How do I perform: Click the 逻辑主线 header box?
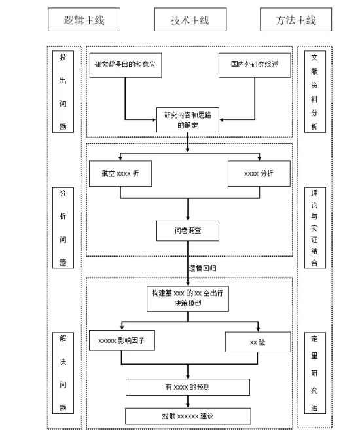[84, 20]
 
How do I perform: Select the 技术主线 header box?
[190, 20]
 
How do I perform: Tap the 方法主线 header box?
[296, 20]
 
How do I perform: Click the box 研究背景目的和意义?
[126, 65]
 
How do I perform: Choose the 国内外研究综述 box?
[255, 65]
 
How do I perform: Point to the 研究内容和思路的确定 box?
[188, 120]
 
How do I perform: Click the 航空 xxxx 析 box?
[120, 174]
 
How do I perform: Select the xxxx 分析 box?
[259, 174]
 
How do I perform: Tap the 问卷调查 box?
[188, 231]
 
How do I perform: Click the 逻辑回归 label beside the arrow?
[203, 268]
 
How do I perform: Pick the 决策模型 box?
[188, 299]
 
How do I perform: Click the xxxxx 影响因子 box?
[122, 341]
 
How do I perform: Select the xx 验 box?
[258, 342]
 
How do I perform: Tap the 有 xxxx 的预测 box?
[188, 387]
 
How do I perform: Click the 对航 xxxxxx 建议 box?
[188, 416]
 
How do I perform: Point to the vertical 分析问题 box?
[63, 228]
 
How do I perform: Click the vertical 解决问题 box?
[63, 373]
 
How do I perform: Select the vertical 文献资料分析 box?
[315, 92]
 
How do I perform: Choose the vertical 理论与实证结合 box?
[315, 228]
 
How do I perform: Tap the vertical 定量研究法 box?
[315, 373]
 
